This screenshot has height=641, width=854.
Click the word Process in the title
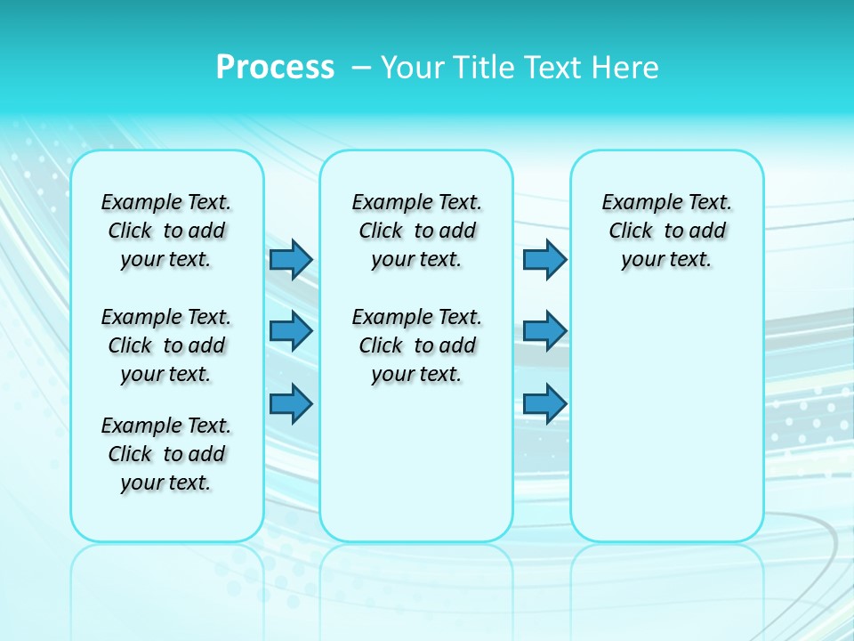pyautogui.click(x=275, y=67)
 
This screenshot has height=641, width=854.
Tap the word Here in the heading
pyautogui.click(x=624, y=67)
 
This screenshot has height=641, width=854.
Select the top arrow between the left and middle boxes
pyautogui.click(x=291, y=259)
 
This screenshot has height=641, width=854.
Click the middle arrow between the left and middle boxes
pyautogui.click(x=291, y=331)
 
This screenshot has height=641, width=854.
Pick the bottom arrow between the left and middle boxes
pyautogui.click(x=291, y=403)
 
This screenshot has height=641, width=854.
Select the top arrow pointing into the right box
pyautogui.click(x=544, y=259)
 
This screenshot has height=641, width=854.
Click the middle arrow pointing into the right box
pyautogui.click(x=544, y=331)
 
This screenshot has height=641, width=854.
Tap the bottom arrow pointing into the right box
pyautogui.click(x=544, y=403)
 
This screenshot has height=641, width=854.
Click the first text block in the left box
pyautogui.click(x=166, y=231)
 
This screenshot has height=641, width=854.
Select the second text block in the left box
pyautogui.click(x=166, y=345)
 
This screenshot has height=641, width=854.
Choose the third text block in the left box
pyautogui.click(x=166, y=454)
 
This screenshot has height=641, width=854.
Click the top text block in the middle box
pyautogui.click(x=416, y=231)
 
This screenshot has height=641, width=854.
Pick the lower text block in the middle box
pyautogui.click(x=416, y=345)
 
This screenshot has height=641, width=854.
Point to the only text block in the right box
pyautogui.click(x=666, y=231)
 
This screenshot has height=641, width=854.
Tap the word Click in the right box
pyautogui.click(x=631, y=231)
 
